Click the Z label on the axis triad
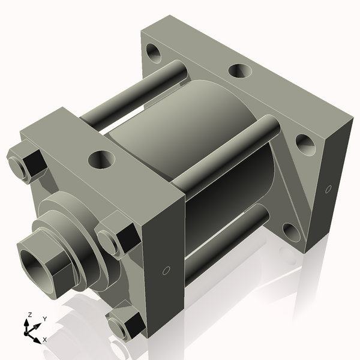30,314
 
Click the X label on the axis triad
44,340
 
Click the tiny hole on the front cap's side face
166,270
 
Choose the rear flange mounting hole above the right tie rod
305,143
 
